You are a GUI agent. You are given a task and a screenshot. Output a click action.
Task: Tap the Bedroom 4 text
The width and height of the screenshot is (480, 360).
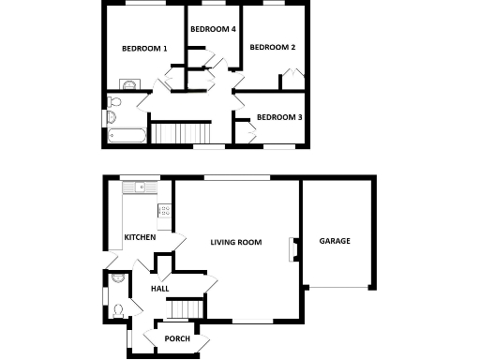click(212, 30)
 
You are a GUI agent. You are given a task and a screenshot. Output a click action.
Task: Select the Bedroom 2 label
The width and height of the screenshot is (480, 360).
click(273, 48)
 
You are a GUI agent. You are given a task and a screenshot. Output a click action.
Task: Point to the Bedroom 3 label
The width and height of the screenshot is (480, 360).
click(279, 117)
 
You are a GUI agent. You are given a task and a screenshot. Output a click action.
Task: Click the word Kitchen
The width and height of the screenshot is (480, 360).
click(140, 237)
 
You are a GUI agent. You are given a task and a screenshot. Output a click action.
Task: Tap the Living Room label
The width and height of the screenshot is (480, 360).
click(234, 242)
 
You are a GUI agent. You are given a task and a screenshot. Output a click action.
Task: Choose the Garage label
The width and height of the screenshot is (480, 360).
click(335, 241)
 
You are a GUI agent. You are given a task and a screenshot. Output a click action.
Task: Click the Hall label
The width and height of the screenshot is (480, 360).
click(159, 289)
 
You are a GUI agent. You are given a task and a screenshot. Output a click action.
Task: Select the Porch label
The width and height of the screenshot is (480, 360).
click(177, 338)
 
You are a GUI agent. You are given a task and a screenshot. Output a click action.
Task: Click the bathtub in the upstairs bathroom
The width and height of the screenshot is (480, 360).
click(126, 134)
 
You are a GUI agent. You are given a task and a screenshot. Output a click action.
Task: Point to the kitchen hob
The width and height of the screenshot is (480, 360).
click(165, 212)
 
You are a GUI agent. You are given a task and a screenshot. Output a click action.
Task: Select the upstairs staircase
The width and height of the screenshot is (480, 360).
click(177, 133)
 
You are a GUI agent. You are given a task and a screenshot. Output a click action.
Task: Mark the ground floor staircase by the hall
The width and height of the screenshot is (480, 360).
click(187, 308)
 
